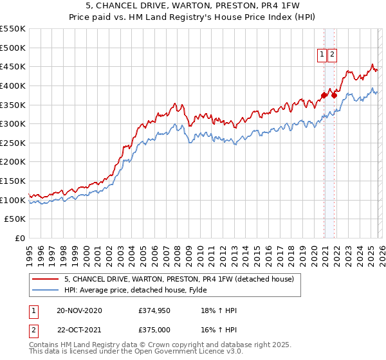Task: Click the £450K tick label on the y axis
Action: coord(13,67)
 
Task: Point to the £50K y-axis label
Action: coord(15,219)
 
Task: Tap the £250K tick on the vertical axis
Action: coord(13,143)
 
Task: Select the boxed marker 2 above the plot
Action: coord(332,55)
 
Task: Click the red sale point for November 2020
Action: coord(324,96)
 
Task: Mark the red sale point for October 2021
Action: coord(334,96)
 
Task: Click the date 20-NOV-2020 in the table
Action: coord(79,310)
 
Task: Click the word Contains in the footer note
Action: coord(44,346)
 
